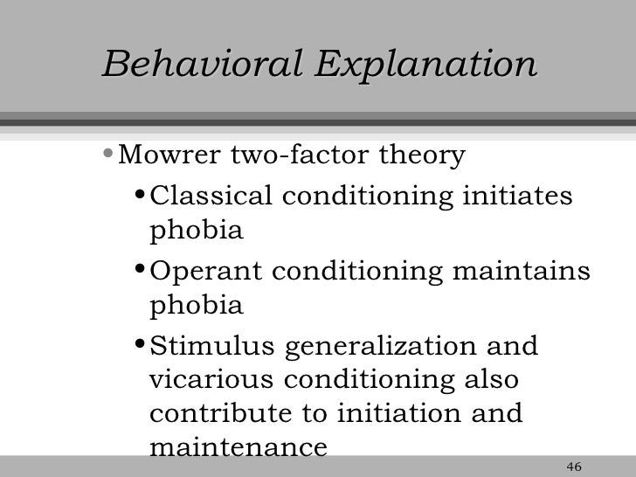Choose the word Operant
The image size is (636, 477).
point(200,272)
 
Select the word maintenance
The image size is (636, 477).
point(238,448)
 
